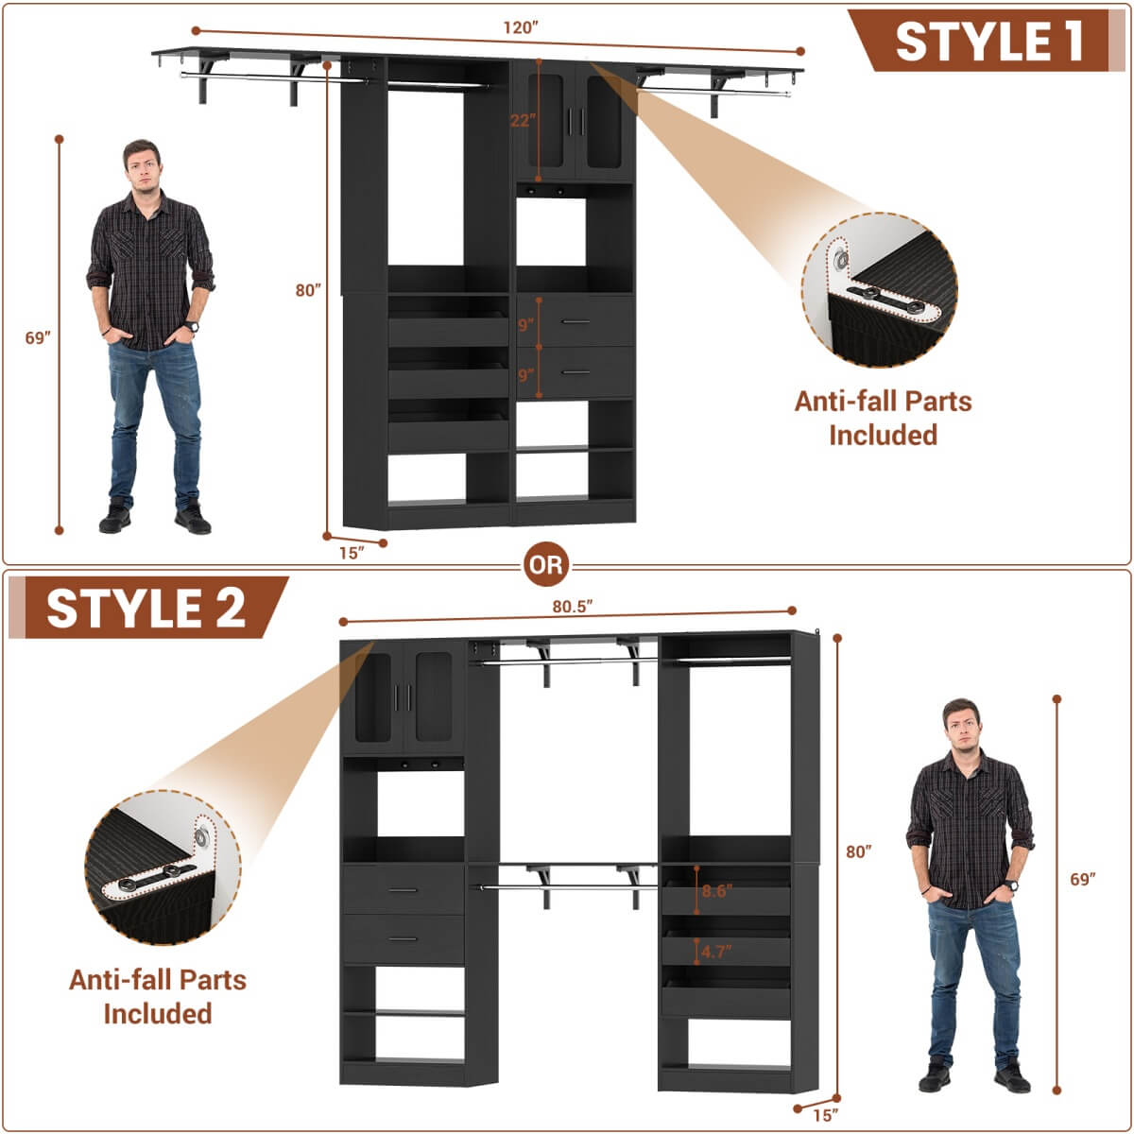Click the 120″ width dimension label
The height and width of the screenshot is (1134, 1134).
(x=520, y=28)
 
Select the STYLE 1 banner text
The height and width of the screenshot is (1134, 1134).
(x=988, y=42)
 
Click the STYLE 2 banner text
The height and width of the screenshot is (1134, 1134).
(x=146, y=608)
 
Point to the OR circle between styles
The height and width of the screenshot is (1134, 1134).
(x=546, y=565)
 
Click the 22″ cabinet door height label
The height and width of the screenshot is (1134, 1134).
(x=523, y=120)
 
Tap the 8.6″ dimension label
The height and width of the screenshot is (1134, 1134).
(x=716, y=891)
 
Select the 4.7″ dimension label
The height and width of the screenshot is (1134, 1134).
(x=716, y=952)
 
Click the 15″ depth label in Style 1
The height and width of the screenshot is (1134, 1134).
(x=351, y=554)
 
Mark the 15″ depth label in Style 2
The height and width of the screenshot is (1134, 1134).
(x=824, y=1116)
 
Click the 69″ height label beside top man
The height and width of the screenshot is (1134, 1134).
(x=37, y=338)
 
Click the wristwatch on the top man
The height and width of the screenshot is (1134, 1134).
(x=193, y=327)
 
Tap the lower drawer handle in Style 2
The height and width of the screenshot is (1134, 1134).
(x=404, y=939)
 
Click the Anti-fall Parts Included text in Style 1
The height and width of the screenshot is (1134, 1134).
(x=883, y=418)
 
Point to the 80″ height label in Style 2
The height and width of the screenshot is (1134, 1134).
(x=858, y=852)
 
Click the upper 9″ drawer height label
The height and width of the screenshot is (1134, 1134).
(x=525, y=324)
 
